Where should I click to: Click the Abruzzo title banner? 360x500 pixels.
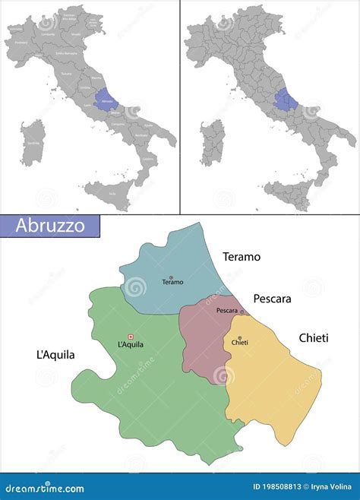(49, 226)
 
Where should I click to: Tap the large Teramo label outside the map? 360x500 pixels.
(242, 257)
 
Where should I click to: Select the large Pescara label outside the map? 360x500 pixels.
(272, 299)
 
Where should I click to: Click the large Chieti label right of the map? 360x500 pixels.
(314, 337)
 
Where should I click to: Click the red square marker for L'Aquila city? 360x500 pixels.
(131, 337)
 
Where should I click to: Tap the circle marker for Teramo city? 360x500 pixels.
(172, 276)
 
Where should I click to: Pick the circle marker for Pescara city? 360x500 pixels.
(242, 311)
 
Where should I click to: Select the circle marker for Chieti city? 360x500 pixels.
(239, 338)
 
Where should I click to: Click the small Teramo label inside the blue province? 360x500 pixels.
(173, 283)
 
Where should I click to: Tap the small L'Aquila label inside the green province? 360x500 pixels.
(131, 345)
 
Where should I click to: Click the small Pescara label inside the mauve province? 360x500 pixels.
(227, 311)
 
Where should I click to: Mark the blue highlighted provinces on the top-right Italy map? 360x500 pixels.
(286, 99)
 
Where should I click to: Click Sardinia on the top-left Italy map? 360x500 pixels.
(32, 142)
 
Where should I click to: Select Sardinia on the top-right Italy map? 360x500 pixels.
(212, 142)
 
